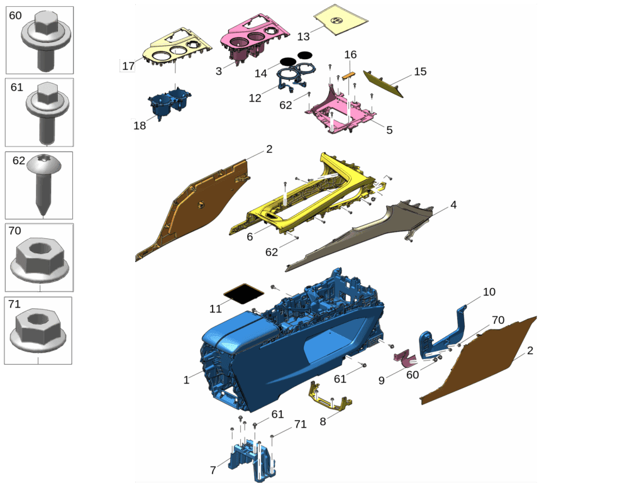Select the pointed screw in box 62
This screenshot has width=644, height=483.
pos(43,183)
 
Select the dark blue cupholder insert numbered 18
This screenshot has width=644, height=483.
pos(169,103)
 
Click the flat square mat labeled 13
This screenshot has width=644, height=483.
pos(340,19)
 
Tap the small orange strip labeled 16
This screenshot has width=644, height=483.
pos(348,75)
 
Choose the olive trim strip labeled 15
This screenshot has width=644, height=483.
pos(383,84)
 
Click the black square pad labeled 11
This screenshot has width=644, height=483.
pos(243,294)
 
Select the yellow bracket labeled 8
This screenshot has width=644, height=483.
pos(329,397)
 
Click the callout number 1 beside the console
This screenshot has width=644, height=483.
pos(186,380)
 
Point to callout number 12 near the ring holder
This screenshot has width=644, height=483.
pos(255,98)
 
